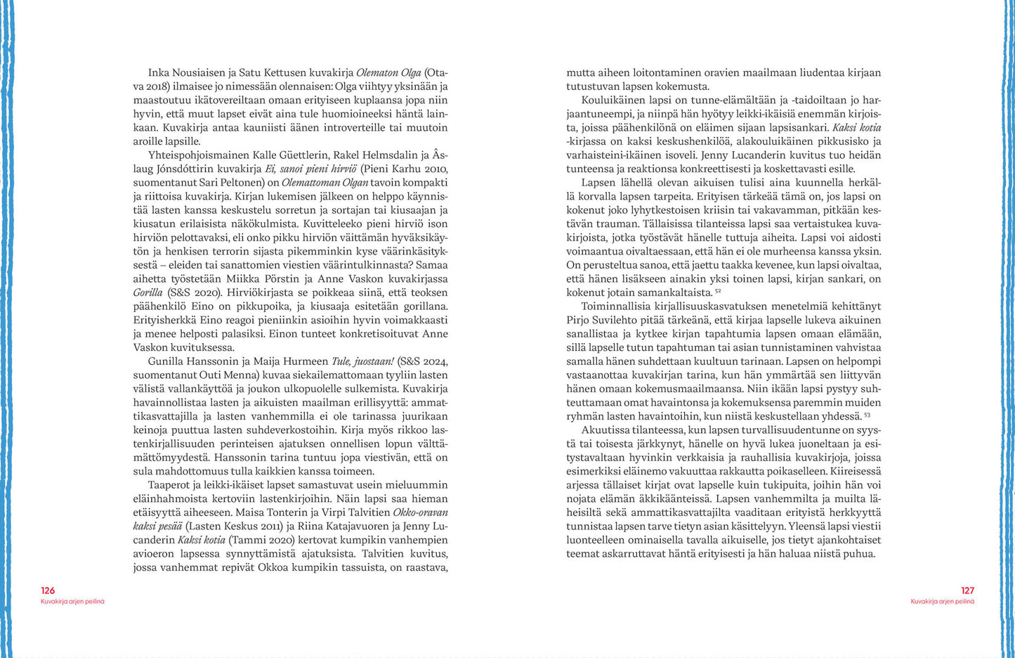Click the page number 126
[48, 591]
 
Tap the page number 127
[967, 591]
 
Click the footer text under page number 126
[72, 602]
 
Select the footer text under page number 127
[942, 602]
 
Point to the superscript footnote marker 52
[718, 291]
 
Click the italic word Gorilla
[148, 292]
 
